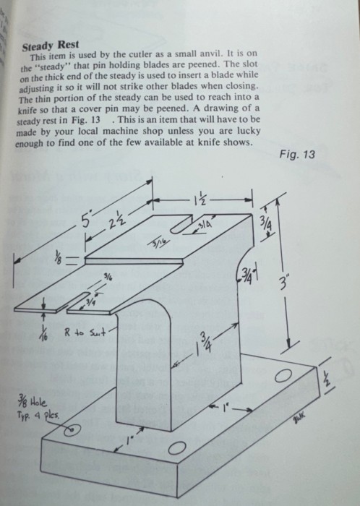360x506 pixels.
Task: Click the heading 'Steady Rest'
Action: pos(51,46)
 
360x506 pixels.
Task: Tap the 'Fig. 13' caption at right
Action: pos(297,154)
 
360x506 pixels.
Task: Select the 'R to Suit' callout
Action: pos(85,333)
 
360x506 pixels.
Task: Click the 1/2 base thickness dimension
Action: pos(327,377)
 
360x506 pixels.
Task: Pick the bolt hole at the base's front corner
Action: pos(177,448)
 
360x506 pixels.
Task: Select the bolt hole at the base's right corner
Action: pos(283,376)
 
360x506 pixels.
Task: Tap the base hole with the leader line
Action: pos(72,430)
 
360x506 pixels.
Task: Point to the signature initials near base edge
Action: pos(299,420)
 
